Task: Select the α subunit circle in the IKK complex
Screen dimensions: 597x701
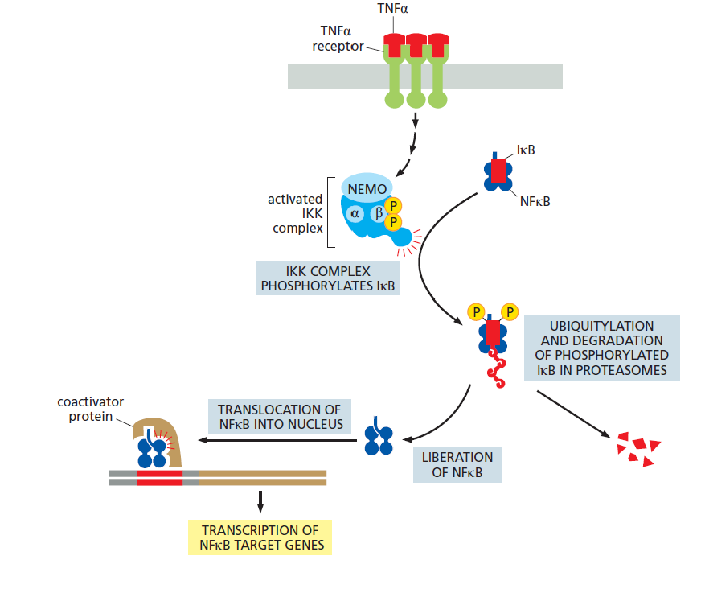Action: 355,213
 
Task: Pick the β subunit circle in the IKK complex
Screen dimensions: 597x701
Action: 379,213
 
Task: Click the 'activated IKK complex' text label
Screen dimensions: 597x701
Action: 295,213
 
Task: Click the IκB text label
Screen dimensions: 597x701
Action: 526,150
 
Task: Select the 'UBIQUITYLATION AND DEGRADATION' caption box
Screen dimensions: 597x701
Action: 601,347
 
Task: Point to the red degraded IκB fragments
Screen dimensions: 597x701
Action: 637,447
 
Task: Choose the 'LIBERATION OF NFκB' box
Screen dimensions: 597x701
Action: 457,464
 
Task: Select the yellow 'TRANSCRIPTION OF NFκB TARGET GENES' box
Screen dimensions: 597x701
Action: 259,537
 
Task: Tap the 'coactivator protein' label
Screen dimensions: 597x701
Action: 91,409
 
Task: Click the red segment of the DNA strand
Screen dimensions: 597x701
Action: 160,478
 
